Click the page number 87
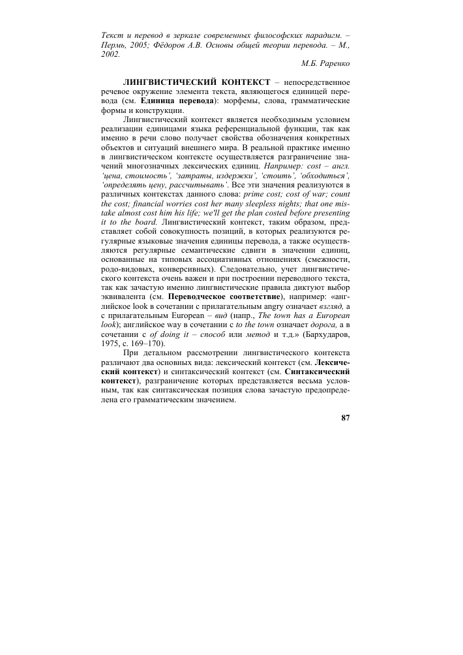tap(346, 419)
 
